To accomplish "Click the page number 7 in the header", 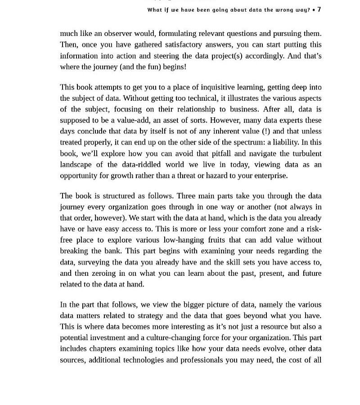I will click(319, 9).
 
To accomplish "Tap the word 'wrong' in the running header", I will click(279, 10).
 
